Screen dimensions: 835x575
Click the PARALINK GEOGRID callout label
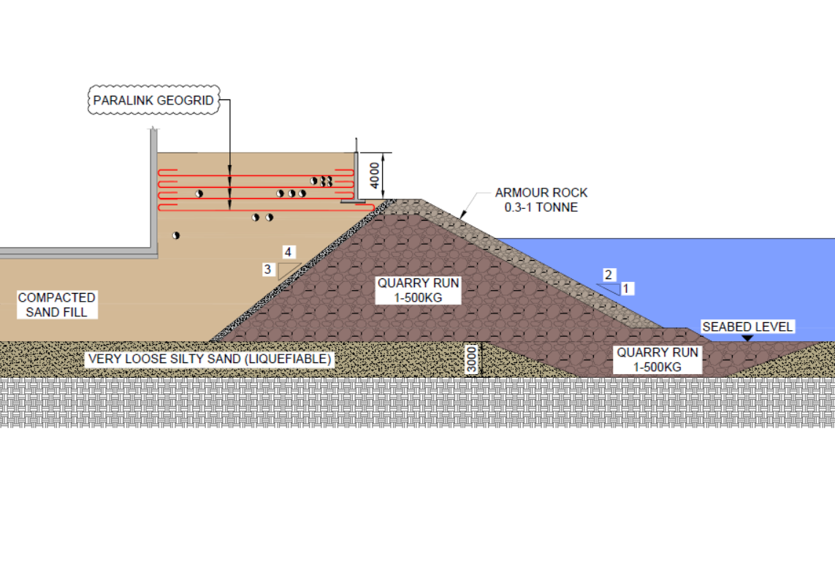click(x=153, y=100)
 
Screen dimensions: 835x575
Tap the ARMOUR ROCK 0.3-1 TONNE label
click(x=541, y=199)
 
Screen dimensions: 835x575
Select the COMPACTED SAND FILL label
click(x=56, y=305)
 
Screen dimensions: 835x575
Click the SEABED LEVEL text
click(x=747, y=327)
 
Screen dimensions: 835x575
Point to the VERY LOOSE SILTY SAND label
click(x=210, y=359)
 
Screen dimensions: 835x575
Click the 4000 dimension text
click(x=375, y=175)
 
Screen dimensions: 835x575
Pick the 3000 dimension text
click(x=471, y=360)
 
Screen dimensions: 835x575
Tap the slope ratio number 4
click(x=288, y=252)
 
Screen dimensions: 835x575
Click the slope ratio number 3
click(x=267, y=270)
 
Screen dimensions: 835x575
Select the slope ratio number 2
click(x=608, y=275)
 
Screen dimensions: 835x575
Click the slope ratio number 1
click(x=626, y=289)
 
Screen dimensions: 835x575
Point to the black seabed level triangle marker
click(x=747, y=338)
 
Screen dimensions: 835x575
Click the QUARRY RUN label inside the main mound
click(x=418, y=290)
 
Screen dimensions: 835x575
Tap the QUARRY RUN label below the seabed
click(x=657, y=359)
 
